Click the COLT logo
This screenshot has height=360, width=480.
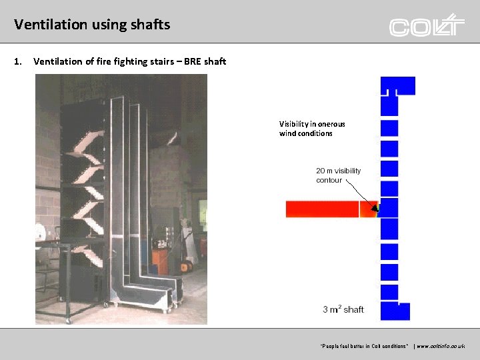point(427,25)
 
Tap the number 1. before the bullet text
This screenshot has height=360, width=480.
point(18,62)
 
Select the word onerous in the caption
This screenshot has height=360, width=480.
point(331,124)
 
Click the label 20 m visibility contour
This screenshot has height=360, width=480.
point(338,175)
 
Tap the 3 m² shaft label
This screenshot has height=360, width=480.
point(343,309)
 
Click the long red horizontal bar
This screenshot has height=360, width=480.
point(323,209)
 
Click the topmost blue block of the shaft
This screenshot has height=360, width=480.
point(397,85)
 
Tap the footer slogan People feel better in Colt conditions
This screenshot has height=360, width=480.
point(364,347)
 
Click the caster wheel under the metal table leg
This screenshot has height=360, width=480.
point(68,321)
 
